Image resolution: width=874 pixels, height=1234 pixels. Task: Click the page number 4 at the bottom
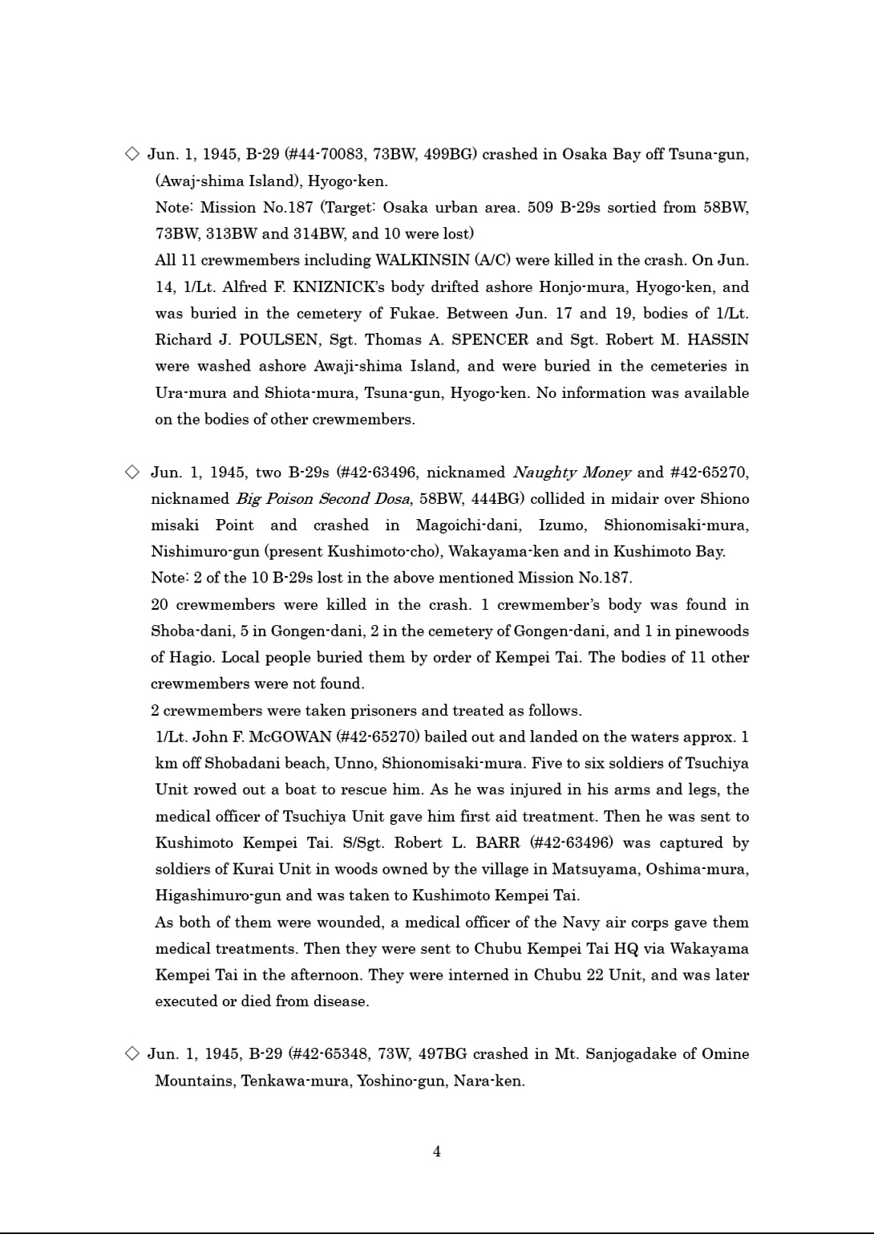pos(436,1151)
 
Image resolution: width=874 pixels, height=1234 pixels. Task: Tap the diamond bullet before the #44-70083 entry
pos(132,154)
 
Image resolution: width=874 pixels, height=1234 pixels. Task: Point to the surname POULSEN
pos(279,339)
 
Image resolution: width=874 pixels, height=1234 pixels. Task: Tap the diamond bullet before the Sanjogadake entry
pos(132,1053)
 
